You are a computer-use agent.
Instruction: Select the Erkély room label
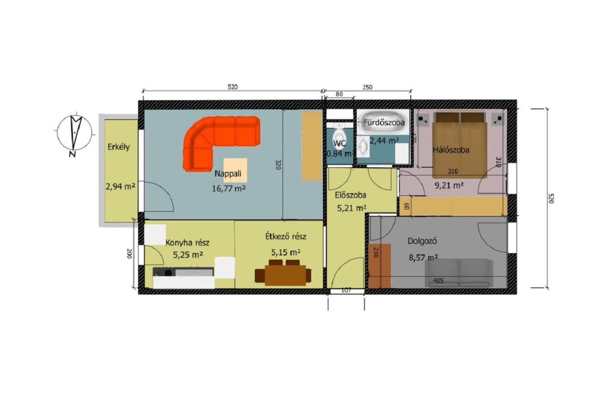[119, 147]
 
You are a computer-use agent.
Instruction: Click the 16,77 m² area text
[229, 188]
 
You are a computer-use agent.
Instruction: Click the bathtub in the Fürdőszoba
[383, 122]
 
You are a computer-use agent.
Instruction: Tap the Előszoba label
[350, 195]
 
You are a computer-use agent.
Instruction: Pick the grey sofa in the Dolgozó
[459, 273]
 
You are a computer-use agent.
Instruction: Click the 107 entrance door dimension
[346, 291]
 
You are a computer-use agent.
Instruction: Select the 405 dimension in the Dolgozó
[438, 281]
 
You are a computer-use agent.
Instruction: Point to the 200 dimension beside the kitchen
[130, 254]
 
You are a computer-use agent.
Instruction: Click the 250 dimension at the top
[367, 87]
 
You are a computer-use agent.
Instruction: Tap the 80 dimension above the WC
[339, 94]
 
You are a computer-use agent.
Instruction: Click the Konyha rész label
[187, 243]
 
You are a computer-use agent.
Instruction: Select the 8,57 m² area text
[423, 257]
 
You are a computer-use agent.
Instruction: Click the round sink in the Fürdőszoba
[363, 146]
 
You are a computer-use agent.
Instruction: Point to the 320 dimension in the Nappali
[278, 165]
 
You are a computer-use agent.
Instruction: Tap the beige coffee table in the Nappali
[235, 170]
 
